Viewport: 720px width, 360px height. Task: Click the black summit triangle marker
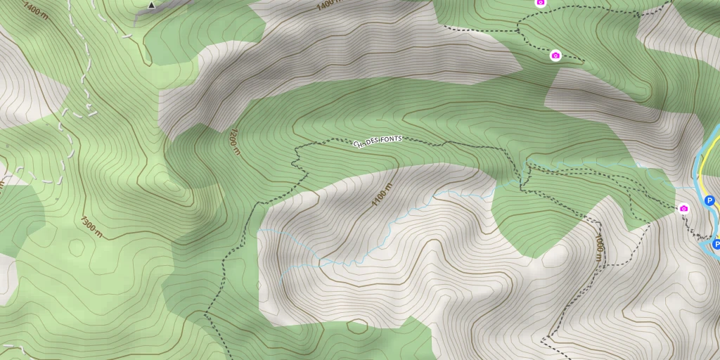(151, 5)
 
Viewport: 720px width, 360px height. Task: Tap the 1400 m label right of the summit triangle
(328, 5)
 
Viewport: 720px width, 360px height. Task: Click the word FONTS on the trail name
(391, 139)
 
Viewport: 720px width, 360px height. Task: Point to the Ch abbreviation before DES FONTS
(359, 144)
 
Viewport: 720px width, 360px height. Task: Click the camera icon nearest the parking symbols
(683, 208)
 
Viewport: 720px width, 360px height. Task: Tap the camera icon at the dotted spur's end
(555, 56)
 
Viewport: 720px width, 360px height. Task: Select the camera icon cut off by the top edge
(540, 3)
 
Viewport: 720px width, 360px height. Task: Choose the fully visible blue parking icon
(709, 200)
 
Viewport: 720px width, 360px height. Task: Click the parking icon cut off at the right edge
(716, 244)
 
